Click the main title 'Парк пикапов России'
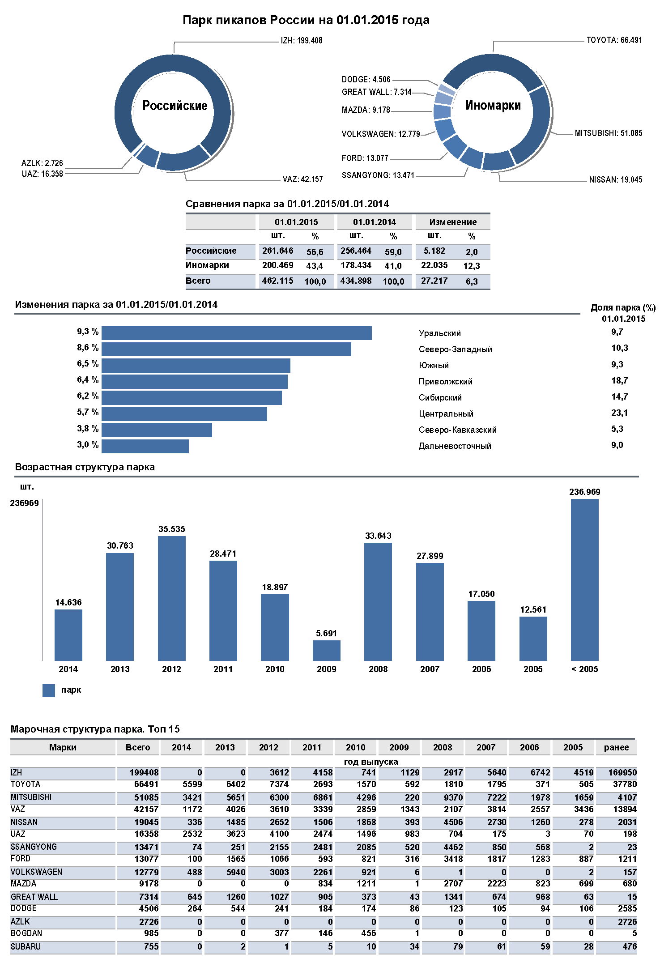pos(306,20)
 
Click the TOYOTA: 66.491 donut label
pos(614,40)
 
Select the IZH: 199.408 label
pos(301,41)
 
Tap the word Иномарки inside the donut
pos(493,105)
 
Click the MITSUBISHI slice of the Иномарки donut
pos(532,128)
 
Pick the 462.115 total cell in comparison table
pos(277,281)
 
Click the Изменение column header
pos(453,222)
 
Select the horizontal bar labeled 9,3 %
pos(236,333)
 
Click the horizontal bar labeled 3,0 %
pos(145,446)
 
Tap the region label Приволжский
pos(445,382)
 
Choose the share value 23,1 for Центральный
pos(619,413)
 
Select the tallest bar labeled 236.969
pos(584,579)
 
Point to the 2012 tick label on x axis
pos(171,669)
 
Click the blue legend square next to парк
pos(48,690)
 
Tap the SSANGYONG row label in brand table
pos(34,847)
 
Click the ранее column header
pos(616,747)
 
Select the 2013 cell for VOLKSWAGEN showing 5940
pos(235,872)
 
